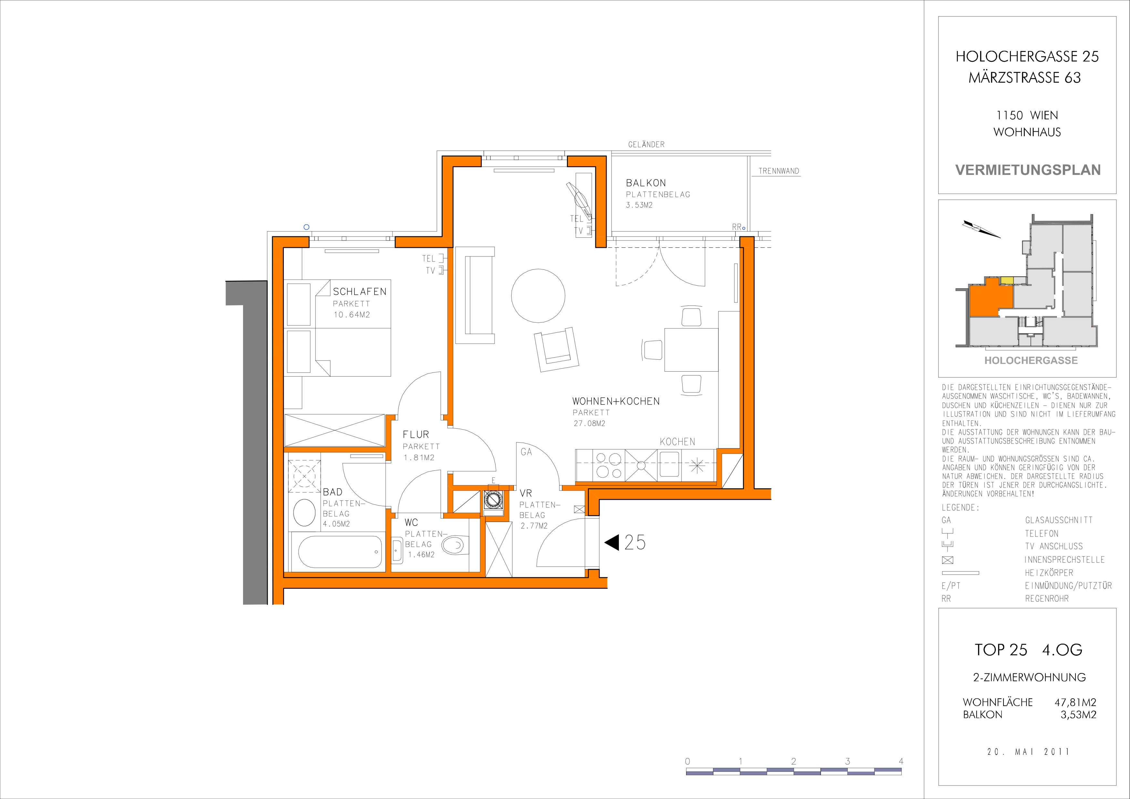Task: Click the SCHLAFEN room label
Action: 360,292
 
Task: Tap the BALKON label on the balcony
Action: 646,183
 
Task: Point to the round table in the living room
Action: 538,296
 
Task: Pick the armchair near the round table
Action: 557,349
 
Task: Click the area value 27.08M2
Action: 589,423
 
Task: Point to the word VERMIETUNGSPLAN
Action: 1028,170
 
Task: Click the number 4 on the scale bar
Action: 901,761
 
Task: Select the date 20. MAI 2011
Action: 1028,752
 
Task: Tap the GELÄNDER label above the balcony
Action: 646,145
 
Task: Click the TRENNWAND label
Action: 779,171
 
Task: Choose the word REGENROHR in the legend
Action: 1047,599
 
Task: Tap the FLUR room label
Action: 416,435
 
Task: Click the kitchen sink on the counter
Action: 669,465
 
